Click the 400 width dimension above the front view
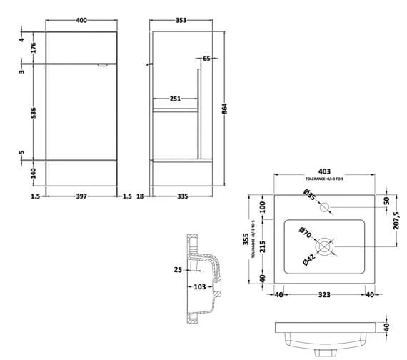(x=82, y=21)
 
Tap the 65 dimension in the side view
(x=206, y=59)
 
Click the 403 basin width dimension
(x=324, y=171)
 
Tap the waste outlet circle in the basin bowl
(x=325, y=248)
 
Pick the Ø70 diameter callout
(x=305, y=233)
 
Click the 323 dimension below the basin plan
(x=324, y=294)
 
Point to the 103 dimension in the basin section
(x=199, y=287)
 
